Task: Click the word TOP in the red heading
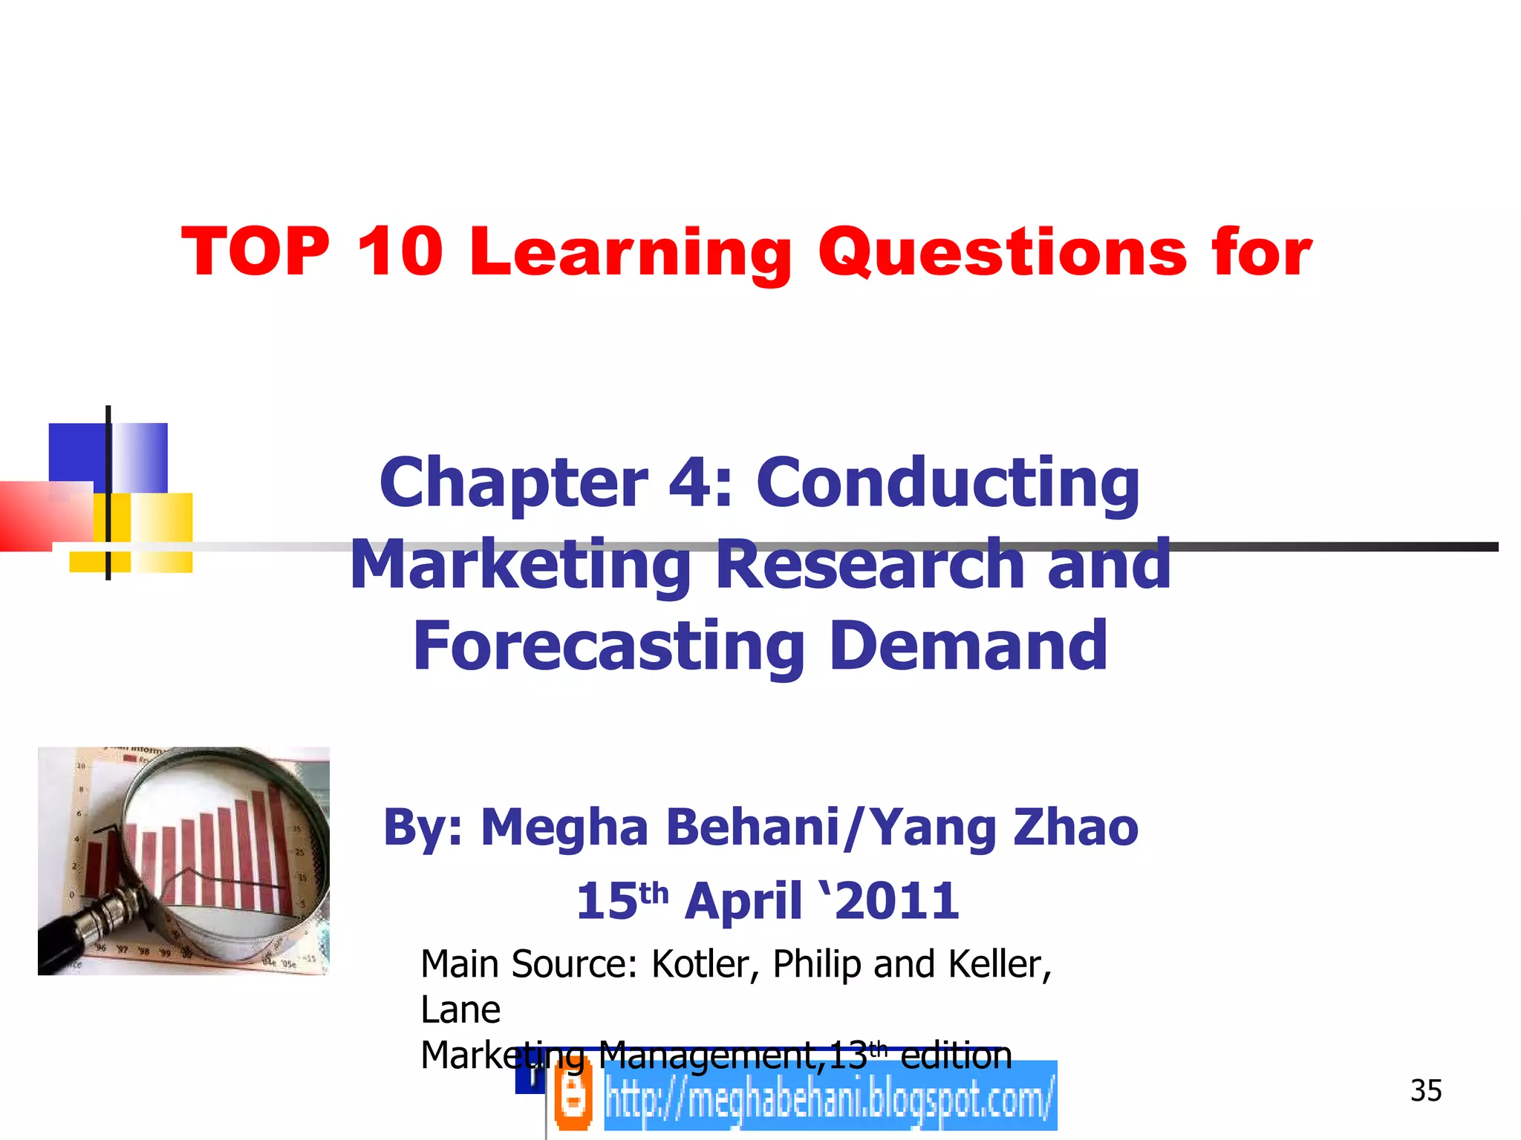255,252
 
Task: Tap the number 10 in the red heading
400,252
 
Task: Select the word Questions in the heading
1003,253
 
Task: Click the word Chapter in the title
513,482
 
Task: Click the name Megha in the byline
564,828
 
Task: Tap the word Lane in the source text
460,1010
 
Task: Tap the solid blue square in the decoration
76,453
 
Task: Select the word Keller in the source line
1000,964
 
